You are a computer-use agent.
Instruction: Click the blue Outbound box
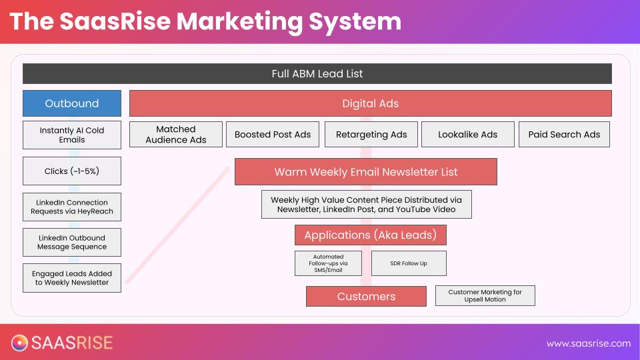click(72, 103)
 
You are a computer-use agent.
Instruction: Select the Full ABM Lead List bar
click(317, 73)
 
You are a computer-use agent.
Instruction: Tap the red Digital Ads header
click(370, 103)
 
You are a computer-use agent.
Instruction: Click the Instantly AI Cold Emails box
click(72, 135)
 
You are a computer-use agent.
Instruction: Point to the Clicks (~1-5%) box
click(72, 171)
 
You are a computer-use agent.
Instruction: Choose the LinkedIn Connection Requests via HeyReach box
click(72, 207)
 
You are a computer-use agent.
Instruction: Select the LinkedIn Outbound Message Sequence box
click(72, 242)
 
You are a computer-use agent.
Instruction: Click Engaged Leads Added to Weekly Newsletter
click(72, 278)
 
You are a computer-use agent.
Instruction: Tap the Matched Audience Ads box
click(176, 135)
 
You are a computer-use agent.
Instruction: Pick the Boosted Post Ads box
click(273, 135)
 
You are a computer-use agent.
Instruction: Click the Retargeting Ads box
click(371, 135)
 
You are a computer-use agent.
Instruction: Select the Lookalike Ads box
click(467, 135)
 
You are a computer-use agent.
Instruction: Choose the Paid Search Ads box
click(564, 135)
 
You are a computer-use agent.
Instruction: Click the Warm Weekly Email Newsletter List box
click(365, 171)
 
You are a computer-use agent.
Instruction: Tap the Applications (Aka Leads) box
click(371, 235)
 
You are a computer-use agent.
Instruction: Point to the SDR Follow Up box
click(409, 263)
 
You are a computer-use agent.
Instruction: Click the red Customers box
click(366, 296)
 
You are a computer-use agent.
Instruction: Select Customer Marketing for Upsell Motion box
click(485, 296)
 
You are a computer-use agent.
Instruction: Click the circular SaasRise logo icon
click(19, 343)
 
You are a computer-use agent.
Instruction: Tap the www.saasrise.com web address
click(588, 343)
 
